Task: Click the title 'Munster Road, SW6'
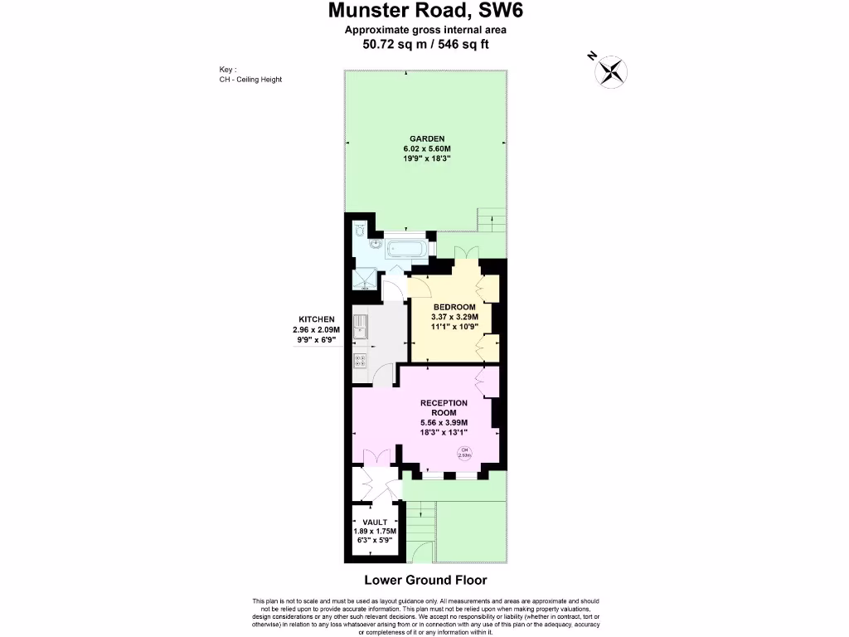pyautogui.click(x=426, y=11)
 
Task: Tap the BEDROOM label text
pyautogui.click(x=454, y=306)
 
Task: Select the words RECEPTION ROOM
pyautogui.click(x=444, y=408)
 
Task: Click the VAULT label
pyautogui.click(x=376, y=523)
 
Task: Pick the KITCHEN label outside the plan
pyautogui.click(x=317, y=319)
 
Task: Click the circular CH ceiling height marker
pyautogui.click(x=465, y=452)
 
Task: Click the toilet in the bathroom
pyautogui.click(x=359, y=231)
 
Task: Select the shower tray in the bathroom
pyautogui.click(x=364, y=278)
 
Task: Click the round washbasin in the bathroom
pyautogui.click(x=376, y=245)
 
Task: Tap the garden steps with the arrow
pyautogui.click(x=491, y=220)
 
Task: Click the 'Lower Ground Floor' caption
pyautogui.click(x=425, y=580)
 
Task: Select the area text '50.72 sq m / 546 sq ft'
pyautogui.click(x=426, y=44)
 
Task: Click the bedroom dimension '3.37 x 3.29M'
pyautogui.click(x=454, y=316)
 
